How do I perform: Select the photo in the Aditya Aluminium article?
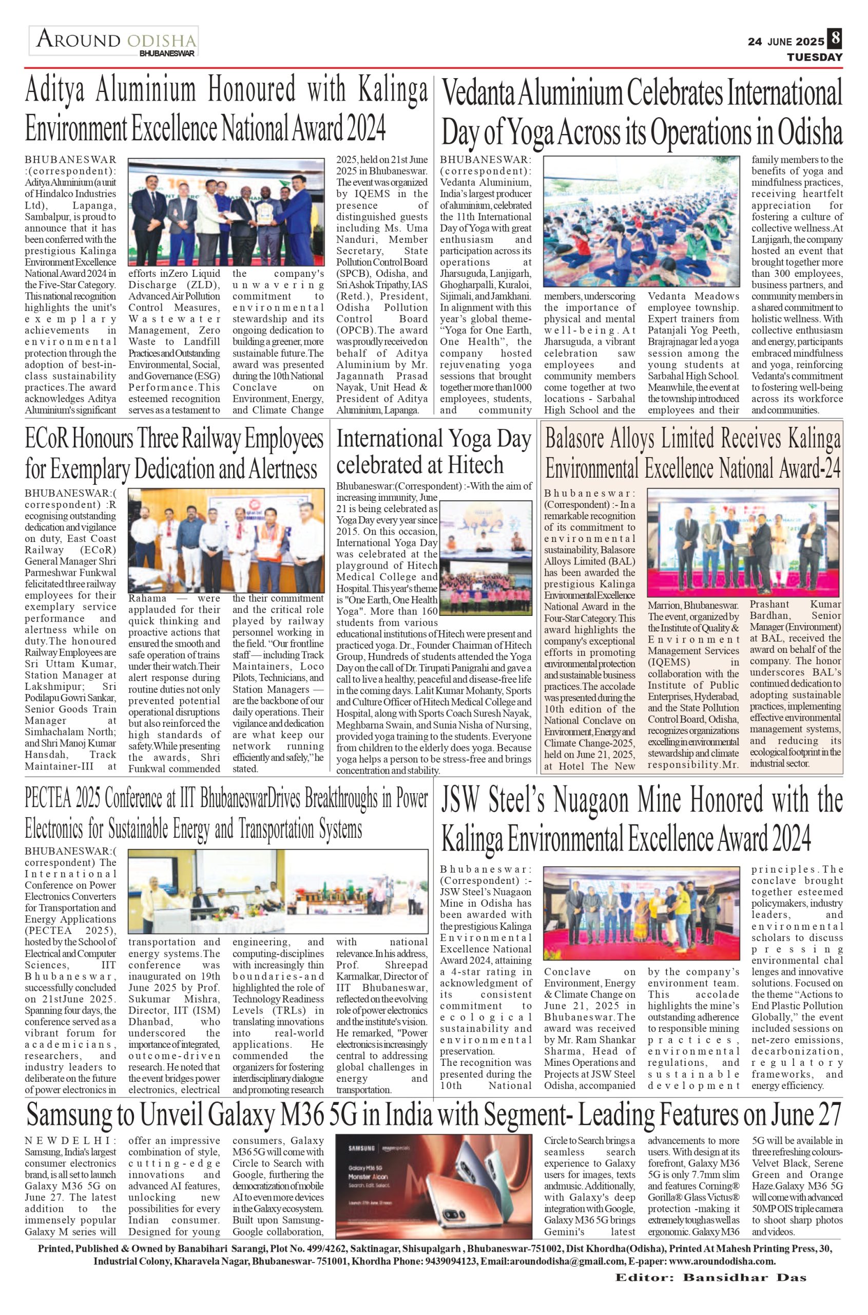coord(226,213)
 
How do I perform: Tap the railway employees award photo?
coord(226,540)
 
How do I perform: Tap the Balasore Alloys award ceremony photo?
coord(743,543)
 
